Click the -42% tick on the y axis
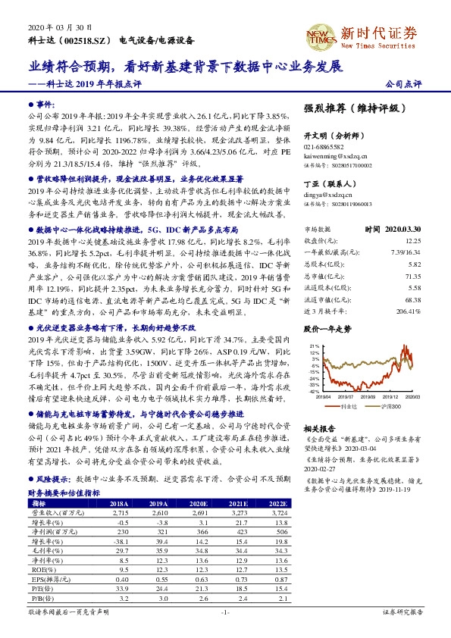[x=314, y=391]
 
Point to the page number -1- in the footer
[x=224, y=611]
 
